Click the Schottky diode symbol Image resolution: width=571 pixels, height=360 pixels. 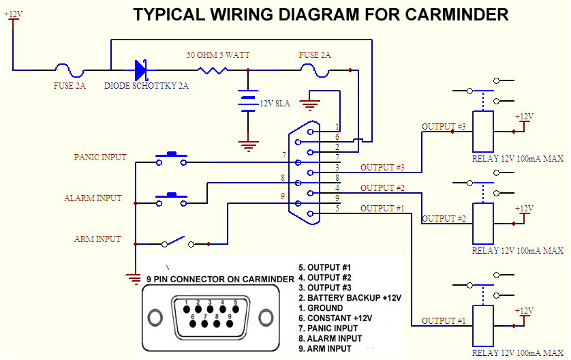(141, 70)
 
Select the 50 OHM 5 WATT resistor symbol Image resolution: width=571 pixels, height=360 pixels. (211, 70)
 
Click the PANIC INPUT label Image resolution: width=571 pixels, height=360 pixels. (100, 157)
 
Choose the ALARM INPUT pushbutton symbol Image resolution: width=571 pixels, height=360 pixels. (171, 199)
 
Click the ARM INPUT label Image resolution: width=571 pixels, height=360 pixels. (97, 239)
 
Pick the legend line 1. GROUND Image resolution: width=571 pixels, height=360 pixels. (321, 308)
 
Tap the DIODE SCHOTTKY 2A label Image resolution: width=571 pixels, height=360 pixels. (146, 87)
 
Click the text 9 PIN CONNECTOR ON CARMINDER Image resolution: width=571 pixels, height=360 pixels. (220, 279)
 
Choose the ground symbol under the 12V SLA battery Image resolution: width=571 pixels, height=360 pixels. (247, 144)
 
